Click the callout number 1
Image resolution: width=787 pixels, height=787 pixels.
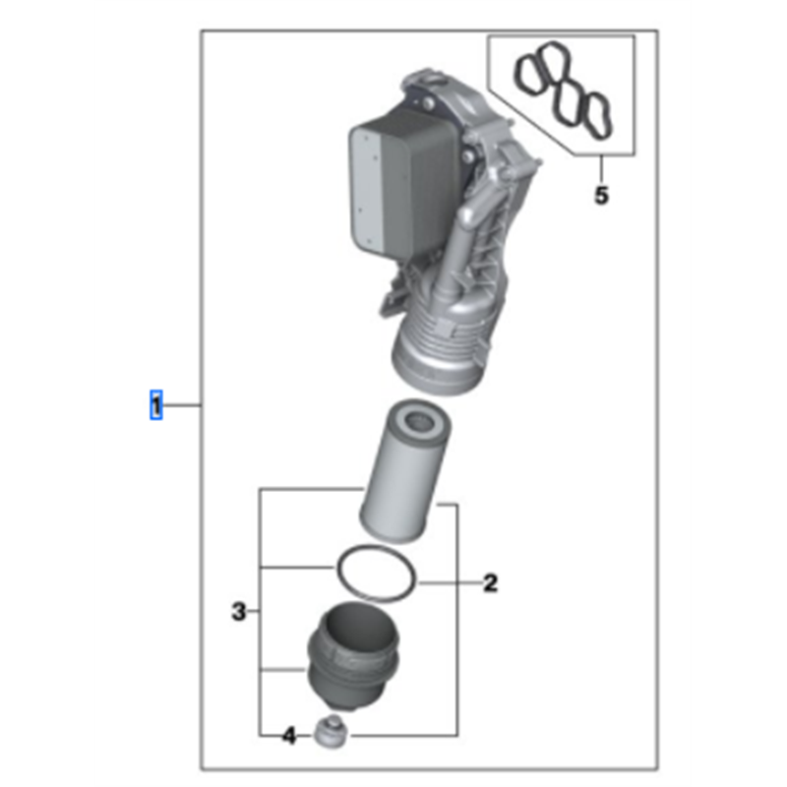tap(156, 405)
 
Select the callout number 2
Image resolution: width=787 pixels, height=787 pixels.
tap(490, 583)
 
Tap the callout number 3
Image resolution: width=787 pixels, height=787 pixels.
tap(239, 611)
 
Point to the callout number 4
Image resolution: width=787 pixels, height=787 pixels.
tap(289, 736)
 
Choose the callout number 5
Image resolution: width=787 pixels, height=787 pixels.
tap(601, 195)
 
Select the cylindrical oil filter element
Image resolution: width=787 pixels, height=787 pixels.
tap(404, 472)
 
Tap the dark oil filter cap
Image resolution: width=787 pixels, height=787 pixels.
tap(354, 658)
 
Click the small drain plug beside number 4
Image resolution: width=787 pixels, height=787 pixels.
tap(331, 733)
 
